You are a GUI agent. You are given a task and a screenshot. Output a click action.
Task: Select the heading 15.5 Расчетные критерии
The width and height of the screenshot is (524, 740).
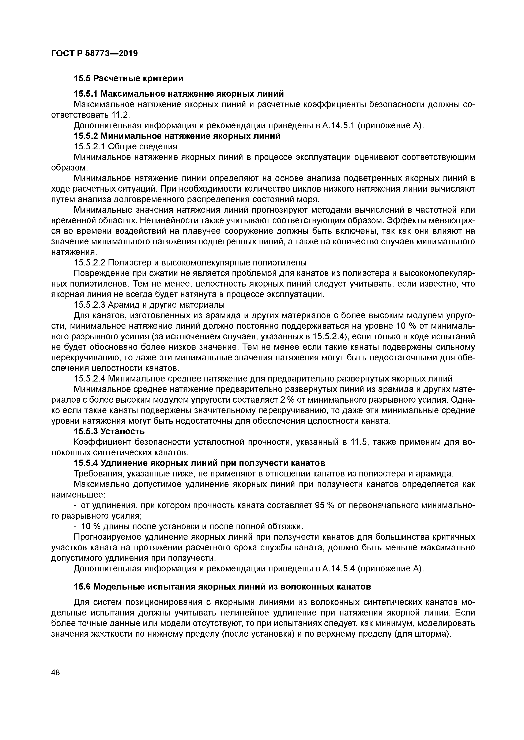pos(128,78)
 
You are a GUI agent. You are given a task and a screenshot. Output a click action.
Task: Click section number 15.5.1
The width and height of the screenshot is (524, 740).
pos(86,94)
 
